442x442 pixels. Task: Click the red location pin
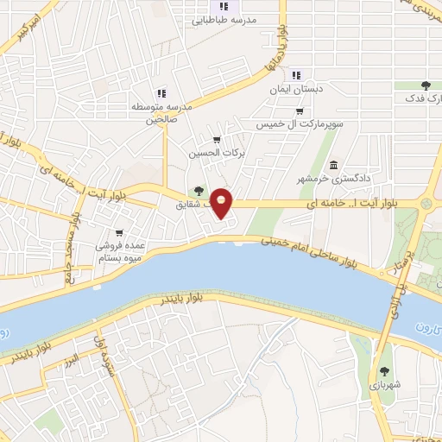tap(222, 203)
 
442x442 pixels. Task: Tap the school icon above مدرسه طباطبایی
tap(224, 7)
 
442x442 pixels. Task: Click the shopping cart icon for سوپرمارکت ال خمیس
tap(299, 110)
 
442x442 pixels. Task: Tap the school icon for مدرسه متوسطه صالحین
tap(161, 93)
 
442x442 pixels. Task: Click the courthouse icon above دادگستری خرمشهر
tap(333, 165)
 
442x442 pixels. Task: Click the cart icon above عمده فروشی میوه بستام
tap(118, 232)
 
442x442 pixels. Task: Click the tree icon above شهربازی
tap(384, 370)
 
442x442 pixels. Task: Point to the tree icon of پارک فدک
tap(426, 85)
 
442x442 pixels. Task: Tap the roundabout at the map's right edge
tap(426, 204)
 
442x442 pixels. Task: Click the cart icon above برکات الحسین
tap(216, 140)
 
